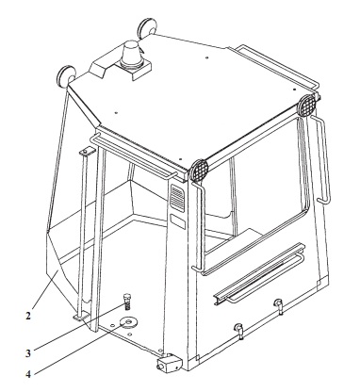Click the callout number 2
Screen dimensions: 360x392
(x=28, y=316)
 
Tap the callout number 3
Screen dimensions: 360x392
(x=28, y=353)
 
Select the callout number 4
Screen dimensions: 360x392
(x=28, y=374)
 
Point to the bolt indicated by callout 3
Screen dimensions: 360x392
(x=127, y=301)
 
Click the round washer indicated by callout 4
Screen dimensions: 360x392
(x=128, y=322)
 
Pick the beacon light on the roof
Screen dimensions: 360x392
(x=132, y=56)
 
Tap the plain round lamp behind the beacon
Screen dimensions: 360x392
(x=146, y=28)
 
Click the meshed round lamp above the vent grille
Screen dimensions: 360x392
(x=199, y=170)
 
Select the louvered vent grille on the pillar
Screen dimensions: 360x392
(x=177, y=198)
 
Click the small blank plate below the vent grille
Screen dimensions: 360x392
(x=178, y=221)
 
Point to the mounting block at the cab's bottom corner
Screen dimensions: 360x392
(x=169, y=363)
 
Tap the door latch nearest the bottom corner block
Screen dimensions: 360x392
(x=239, y=330)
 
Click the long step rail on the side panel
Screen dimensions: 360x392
(x=259, y=273)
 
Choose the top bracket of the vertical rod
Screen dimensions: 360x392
(x=84, y=153)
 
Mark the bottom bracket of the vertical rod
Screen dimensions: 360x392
(x=79, y=318)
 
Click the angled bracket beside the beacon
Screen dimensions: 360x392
(x=97, y=68)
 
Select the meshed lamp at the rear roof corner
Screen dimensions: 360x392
(x=306, y=106)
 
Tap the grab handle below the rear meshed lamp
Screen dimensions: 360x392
(x=321, y=159)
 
